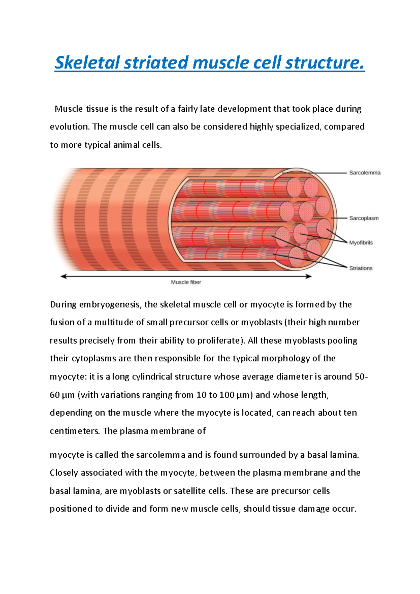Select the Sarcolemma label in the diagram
365,173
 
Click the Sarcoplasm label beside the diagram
364,218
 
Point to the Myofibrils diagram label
361,243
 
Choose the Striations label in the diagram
360,268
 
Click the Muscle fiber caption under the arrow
186,282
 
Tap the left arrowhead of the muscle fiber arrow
63,276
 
